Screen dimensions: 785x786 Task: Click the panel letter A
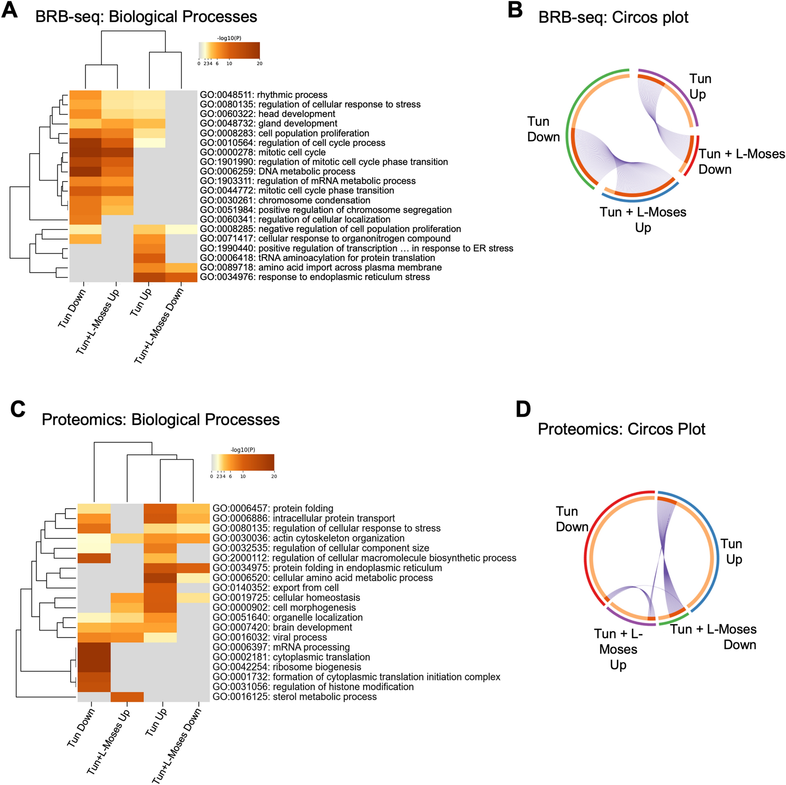click(x=10, y=10)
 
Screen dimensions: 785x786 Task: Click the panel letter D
click(x=523, y=409)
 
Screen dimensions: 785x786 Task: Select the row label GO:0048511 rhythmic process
click(x=263, y=95)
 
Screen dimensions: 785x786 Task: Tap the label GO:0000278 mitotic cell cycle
click(x=262, y=152)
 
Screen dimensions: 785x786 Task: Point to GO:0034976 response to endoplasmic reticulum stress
click(x=314, y=277)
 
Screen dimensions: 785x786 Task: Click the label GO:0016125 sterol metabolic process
click(x=295, y=697)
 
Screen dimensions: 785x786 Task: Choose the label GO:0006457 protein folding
click(x=272, y=509)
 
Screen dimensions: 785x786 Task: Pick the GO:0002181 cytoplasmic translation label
click(x=291, y=657)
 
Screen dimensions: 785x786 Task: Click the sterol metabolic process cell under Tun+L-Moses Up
click(x=127, y=697)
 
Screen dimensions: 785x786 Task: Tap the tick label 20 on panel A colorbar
click(x=260, y=64)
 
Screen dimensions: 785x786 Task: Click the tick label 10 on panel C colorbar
click(x=243, y=476)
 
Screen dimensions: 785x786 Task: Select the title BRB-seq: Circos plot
click(x=613, y=17)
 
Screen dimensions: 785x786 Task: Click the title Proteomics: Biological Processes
click(x=160, y=420)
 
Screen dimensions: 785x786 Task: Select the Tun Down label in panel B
click(x=543, y=129)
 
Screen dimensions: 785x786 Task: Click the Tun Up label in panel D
click(x=732, y=552)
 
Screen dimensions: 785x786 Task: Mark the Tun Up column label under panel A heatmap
click(x=141, y=302)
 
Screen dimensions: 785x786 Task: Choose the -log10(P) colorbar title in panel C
click(x=243, y=450)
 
